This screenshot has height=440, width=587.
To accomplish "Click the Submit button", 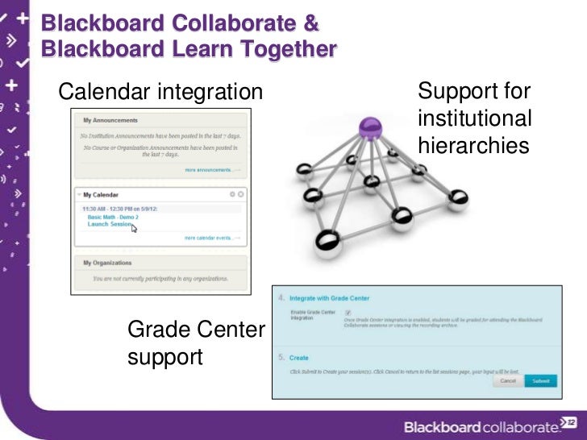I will tap(539, 380).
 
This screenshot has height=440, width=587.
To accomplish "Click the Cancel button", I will tap(508, 380).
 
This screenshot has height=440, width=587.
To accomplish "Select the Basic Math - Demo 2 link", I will tap(113, 217).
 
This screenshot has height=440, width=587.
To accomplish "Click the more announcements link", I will tap(212, 170).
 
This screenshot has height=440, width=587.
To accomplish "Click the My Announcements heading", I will tap(110, 121).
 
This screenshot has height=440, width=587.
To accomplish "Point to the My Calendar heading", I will tap(101, 195).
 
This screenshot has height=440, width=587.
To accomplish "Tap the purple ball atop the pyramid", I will tap(369, 126).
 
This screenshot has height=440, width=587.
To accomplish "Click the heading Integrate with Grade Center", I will tap(329, 298).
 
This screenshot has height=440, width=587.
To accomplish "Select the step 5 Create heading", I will tap(298, 358).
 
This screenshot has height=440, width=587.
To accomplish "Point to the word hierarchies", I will tap(473, 145).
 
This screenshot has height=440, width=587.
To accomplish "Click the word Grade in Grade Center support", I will tap(158, 329).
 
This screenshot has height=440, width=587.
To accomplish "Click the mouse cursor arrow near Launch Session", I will tap(134, 228).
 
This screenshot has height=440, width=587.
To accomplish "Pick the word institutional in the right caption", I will tap(475, 118).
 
